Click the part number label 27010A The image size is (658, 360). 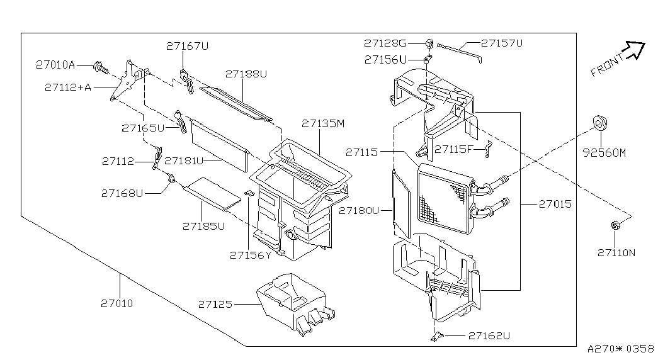(x=55, y=64)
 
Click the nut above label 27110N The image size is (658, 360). (x=615, y=225)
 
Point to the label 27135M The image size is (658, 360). (x=323, y=123)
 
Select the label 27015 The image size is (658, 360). (x=555, y=204)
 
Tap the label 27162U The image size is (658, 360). (x=489, y=336)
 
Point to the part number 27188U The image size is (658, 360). (x=246, y=74)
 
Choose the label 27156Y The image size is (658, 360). (x=250, y=255)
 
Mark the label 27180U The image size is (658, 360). (x=358, y=210)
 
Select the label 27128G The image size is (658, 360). (x=385, y=43)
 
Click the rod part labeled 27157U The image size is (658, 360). (x=460, y=50)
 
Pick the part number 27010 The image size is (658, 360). (x=116, y=303)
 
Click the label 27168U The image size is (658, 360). (x=122, y=193)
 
